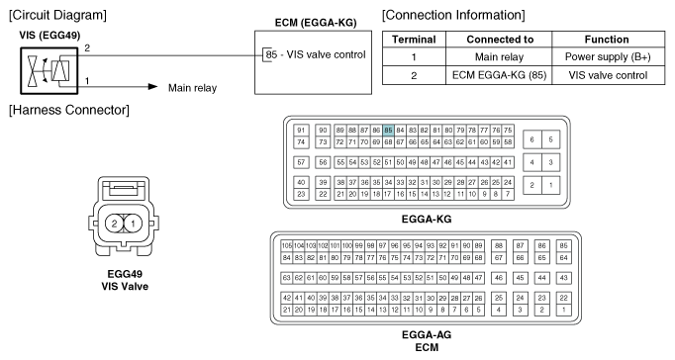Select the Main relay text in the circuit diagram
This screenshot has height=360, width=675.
coord(192,87)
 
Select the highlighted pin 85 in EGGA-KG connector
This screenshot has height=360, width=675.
coord(389,130)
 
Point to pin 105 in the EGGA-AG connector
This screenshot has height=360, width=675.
coord(288,244)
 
